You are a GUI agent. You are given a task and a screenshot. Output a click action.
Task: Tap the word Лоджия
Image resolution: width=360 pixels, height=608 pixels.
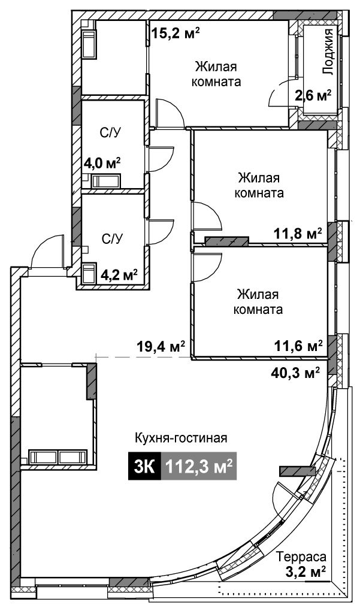pos(329,52)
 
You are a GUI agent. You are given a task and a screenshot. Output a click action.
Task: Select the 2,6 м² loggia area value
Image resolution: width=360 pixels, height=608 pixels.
pos(313,95)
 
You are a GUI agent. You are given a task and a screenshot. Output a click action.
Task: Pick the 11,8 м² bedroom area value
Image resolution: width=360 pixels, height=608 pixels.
pos(298,234)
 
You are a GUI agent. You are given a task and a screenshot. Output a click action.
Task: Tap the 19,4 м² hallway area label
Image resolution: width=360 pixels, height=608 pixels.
pos(160,345)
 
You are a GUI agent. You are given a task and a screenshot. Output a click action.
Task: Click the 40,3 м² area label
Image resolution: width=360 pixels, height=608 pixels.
pos(295,373)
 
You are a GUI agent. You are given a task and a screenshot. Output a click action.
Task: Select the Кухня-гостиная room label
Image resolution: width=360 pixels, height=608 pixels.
pos(181,438)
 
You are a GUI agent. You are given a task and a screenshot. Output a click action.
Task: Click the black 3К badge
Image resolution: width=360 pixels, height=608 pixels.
pos(144,467)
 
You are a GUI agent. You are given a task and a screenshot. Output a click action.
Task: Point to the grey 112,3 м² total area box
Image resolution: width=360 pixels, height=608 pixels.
pos(199,467)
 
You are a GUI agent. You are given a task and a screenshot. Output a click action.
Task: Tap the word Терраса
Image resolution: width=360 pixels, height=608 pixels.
pos(301,557)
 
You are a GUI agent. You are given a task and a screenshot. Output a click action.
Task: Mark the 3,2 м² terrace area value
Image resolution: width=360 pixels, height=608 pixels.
pos(307,571)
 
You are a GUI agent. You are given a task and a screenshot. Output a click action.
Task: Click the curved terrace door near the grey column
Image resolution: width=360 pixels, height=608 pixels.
pos(284,493)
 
